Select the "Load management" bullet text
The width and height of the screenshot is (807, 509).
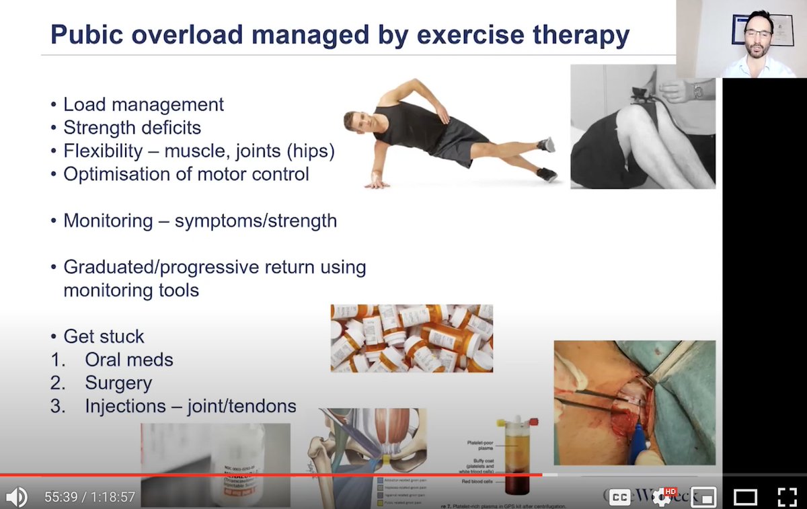[x=143, y=105]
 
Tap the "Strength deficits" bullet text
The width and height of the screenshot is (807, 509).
[x=132, y=127]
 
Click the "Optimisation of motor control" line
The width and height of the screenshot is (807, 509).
[x=186, y=173]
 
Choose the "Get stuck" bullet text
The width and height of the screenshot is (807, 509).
[x=104, y=336]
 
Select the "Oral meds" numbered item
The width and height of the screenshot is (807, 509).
[x=128, y=360]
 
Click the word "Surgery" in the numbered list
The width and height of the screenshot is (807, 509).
[x=118, y=383]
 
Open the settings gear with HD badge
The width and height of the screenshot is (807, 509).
[x=662, y=497]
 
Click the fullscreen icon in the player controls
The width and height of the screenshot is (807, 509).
[x=787, y=497]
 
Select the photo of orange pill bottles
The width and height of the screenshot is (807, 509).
[x=412, y=338]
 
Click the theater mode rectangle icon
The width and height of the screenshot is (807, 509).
[x=745, y=497]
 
